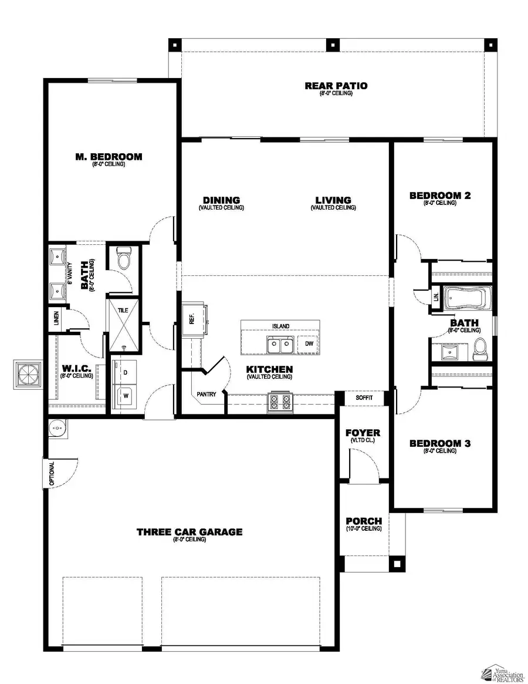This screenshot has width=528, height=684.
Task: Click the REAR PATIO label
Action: pos(336,86)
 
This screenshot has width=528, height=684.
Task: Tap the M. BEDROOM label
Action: pos(109,157)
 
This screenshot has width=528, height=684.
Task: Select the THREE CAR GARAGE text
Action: pos(189,532)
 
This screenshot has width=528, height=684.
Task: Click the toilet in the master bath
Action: pos(123,258)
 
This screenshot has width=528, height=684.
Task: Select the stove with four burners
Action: pos(279,402)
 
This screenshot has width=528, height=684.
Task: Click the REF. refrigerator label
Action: pos(191,319)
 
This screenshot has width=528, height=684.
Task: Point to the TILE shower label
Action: pos(123,311)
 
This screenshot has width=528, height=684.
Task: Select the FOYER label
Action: pos(362,433)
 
